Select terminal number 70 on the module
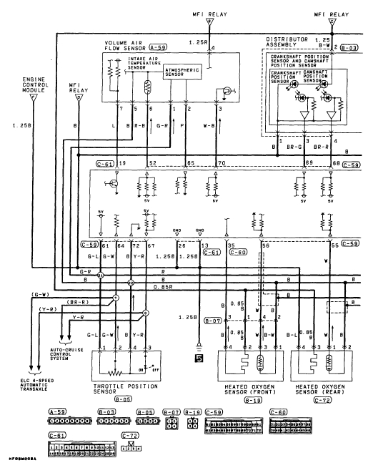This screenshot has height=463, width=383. (x=221, y=164)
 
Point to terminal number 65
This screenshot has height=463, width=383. (x=191, y=164)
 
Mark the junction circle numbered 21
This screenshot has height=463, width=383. (x=100, y=276)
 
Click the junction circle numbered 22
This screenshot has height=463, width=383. (x=131, y=283)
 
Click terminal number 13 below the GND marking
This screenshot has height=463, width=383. (x=204, y=245)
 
